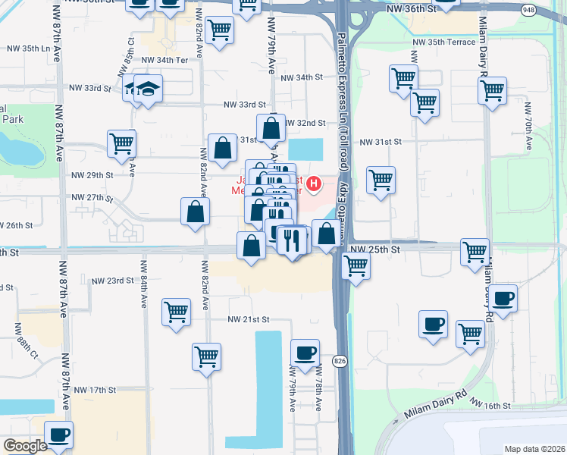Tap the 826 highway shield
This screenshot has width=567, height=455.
point(340,362)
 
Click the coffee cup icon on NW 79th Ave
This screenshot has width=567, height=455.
point(305,353)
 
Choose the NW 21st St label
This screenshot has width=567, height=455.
point(249,320)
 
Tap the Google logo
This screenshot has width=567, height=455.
point(25,446)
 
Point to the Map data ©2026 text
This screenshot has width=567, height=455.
point(534,449)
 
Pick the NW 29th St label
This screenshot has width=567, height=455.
point(92,175)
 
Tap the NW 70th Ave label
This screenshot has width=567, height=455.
point(527,121)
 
